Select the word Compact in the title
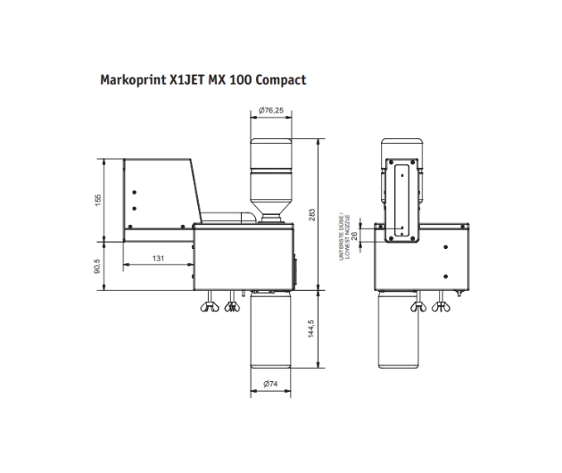(x=280, y=79)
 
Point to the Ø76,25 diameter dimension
(x=271, y=110)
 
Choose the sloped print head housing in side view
(x=161, y=196)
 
